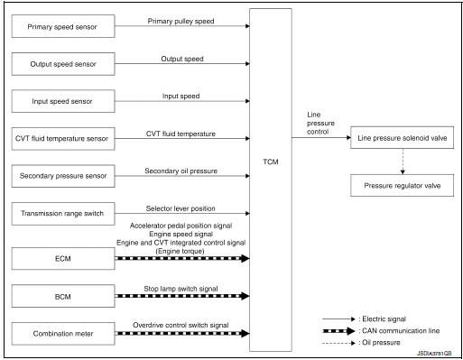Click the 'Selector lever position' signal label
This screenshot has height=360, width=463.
[x=181, y=207]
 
